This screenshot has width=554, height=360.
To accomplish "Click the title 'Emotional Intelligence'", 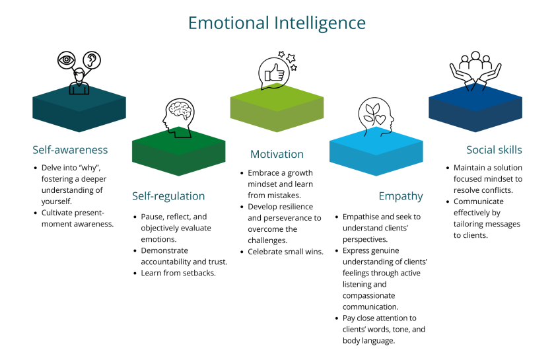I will click(x=277, y=23).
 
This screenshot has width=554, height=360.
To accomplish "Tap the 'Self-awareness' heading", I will click(x=70, y=149).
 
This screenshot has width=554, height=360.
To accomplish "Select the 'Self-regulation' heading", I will click(x=168, y=196).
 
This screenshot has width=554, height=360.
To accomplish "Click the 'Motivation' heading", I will click(x=277, y=154).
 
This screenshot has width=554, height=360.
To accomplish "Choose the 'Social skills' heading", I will click(x=494, y=149).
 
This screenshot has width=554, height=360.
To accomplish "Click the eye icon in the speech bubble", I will click(x=67, y=59).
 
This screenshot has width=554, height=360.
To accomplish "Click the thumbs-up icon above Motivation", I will click(x=273, y=74).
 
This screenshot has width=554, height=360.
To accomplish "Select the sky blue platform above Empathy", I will click(x=376, y=153).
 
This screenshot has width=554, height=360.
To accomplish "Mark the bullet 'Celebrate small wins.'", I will click(x=285, y=252).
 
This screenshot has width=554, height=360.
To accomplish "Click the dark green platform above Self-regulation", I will click(x=178, y=154).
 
